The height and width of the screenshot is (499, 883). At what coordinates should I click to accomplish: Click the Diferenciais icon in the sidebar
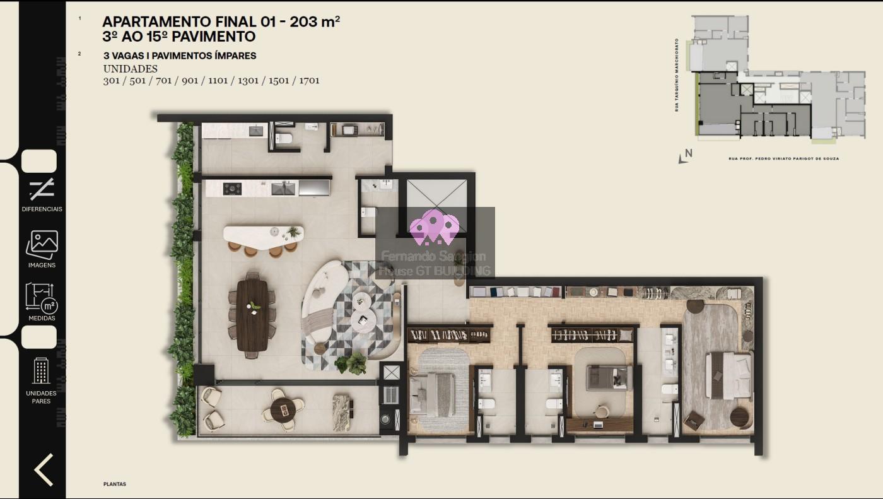pyautogui.click(x=42, y=189)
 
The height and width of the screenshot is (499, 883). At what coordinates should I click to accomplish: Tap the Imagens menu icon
pyautogui.click(x=42, y=244)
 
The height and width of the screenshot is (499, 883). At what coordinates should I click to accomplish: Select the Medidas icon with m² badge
pyautogui.click(x=42, y=297)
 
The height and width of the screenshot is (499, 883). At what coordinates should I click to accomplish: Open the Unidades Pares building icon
pyautogui.click(x=42, y=371)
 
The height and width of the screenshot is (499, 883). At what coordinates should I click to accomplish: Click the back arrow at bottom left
pyautogui.click(x=43, y=469)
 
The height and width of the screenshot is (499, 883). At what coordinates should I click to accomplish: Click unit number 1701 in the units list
pyautogui.click(x=309, y=81)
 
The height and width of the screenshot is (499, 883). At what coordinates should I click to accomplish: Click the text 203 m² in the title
pyautogui.click(x=316, y=22)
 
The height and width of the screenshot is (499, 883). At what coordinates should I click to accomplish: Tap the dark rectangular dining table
pyautogui.click(x=253, y=314)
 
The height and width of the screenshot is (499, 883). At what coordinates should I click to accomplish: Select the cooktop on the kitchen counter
pyautogui.click(x=233, y=188)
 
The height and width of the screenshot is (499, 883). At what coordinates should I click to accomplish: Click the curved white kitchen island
pyautogui.click(x=262, y=235)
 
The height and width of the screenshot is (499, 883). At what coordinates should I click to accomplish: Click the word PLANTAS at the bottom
pyautogui.click(x=115, y=484)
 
